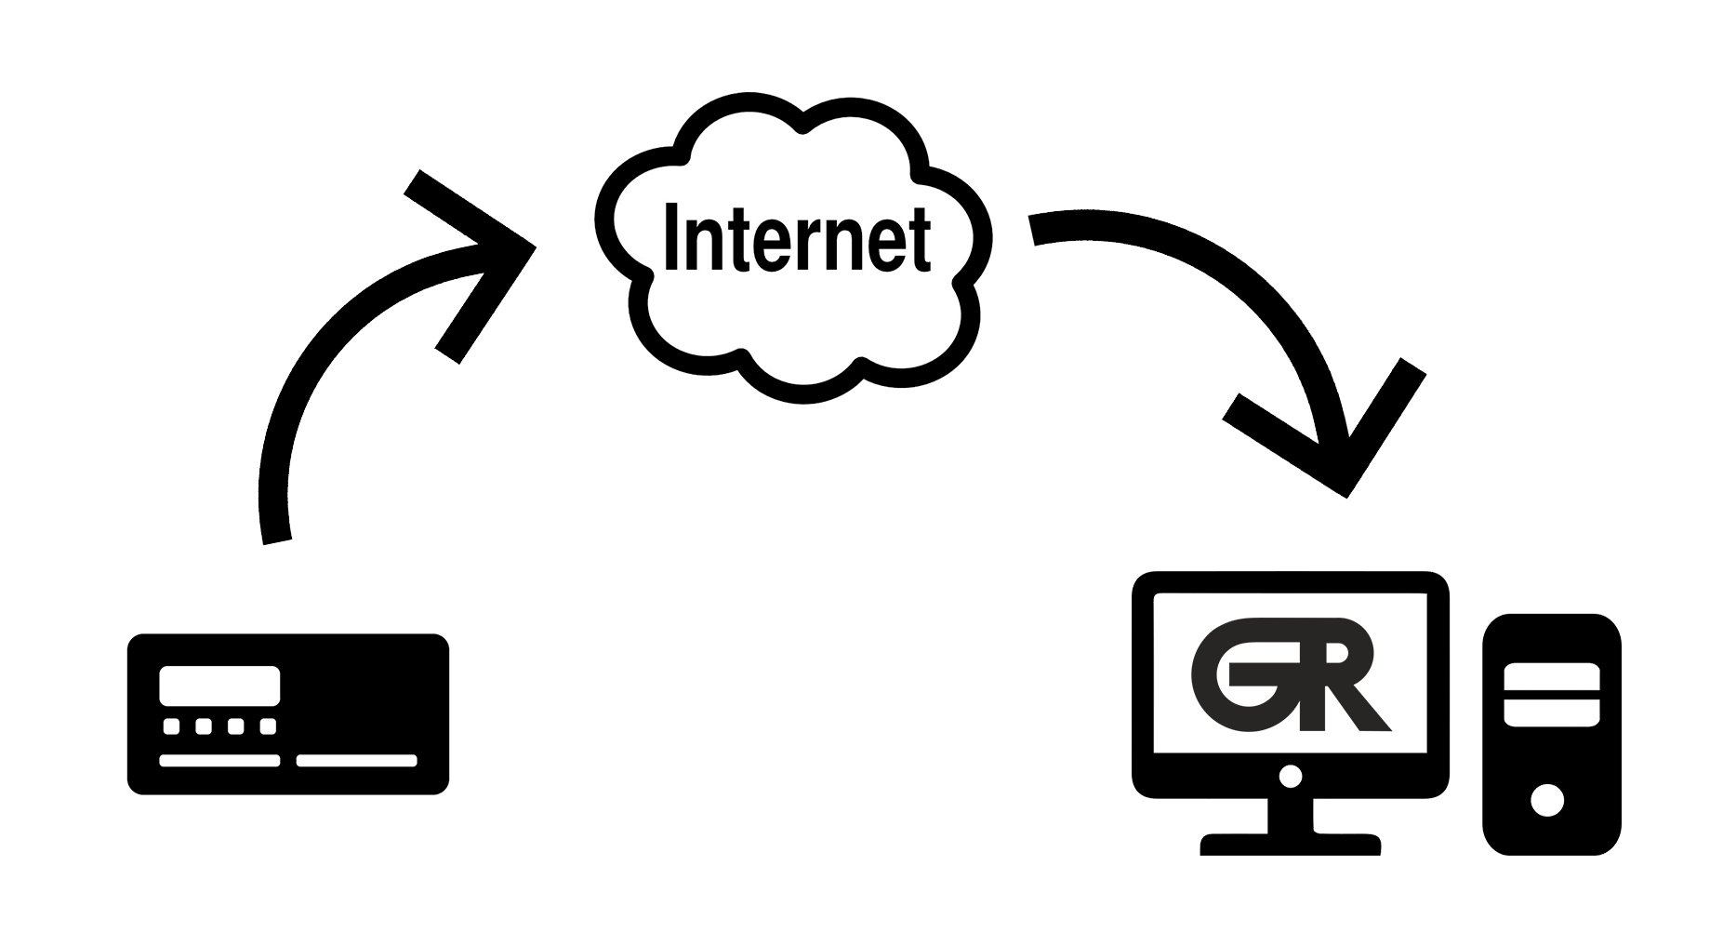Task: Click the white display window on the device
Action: point(219,686)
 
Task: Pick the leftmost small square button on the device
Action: point(172,726)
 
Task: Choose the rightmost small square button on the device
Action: point(268,726)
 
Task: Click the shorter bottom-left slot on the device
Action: point(219,761)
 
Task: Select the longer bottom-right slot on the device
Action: point(356,761)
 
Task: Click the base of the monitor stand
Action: point(1290,845)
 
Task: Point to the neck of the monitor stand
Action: point(1291,814)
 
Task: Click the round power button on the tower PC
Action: point(1546,800)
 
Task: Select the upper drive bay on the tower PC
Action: point(1551,675)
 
